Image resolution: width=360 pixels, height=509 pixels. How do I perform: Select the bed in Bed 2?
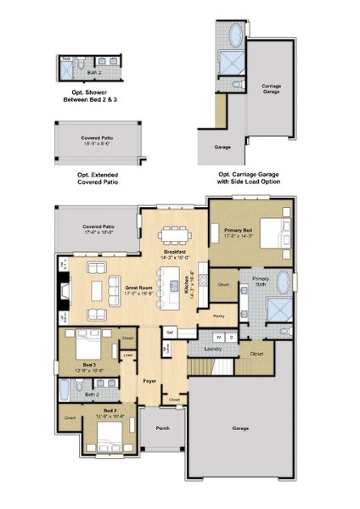109,438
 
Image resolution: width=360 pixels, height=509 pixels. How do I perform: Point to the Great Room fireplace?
65,293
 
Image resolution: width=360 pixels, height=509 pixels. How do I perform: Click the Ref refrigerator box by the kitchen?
170,332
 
